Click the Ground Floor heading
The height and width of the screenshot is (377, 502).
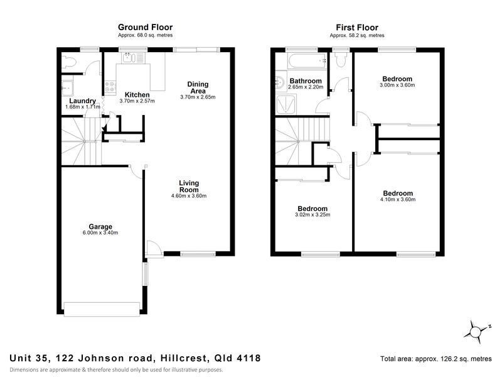(146, 27)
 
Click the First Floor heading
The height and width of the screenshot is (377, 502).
(357, 27)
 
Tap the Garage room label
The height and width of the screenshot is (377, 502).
(100, 226)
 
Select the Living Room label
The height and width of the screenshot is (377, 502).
(188, 186)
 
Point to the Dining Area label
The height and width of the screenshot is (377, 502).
(198, 87)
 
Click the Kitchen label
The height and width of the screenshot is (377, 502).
(137, 95)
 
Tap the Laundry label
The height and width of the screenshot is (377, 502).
(83, 101)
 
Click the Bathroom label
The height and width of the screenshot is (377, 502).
(306, 81)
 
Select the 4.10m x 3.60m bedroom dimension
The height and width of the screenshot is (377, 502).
(398, 200)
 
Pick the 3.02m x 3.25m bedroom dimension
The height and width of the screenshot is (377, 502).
(312, 215)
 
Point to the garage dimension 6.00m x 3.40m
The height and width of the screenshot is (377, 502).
(100, 233)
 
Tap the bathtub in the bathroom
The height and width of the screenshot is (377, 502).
(306, 61)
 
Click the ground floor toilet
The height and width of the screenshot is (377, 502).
(70, 62)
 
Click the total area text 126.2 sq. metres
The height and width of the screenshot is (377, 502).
(435, 359)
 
